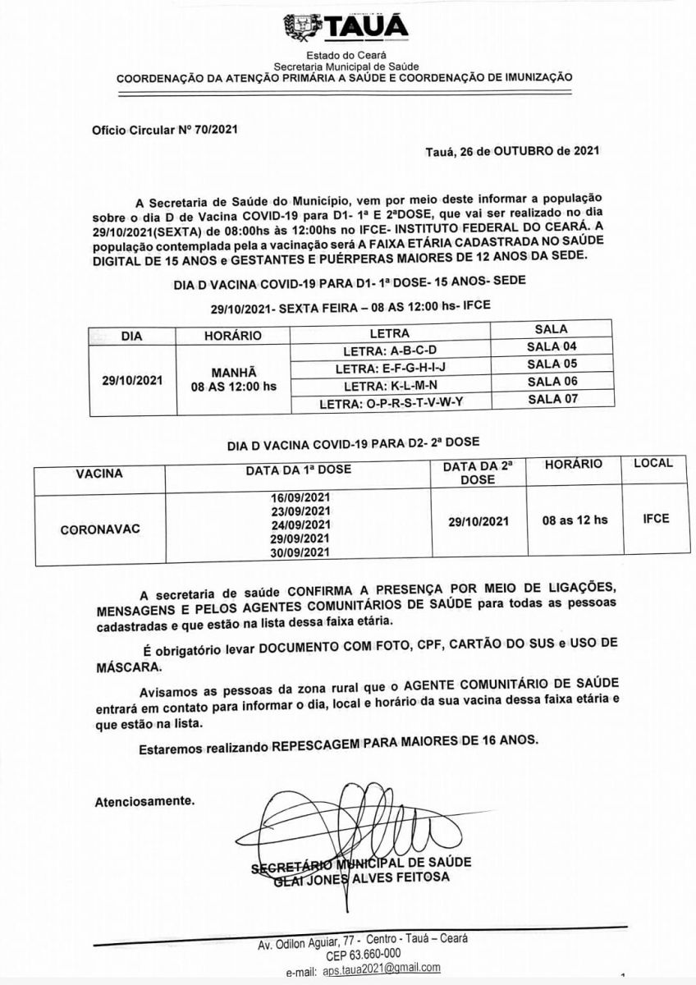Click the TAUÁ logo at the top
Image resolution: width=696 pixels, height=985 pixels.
pos(348,27)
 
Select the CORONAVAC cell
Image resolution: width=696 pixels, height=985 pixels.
pos(100,529)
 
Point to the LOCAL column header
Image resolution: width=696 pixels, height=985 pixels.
pos(652,463)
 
